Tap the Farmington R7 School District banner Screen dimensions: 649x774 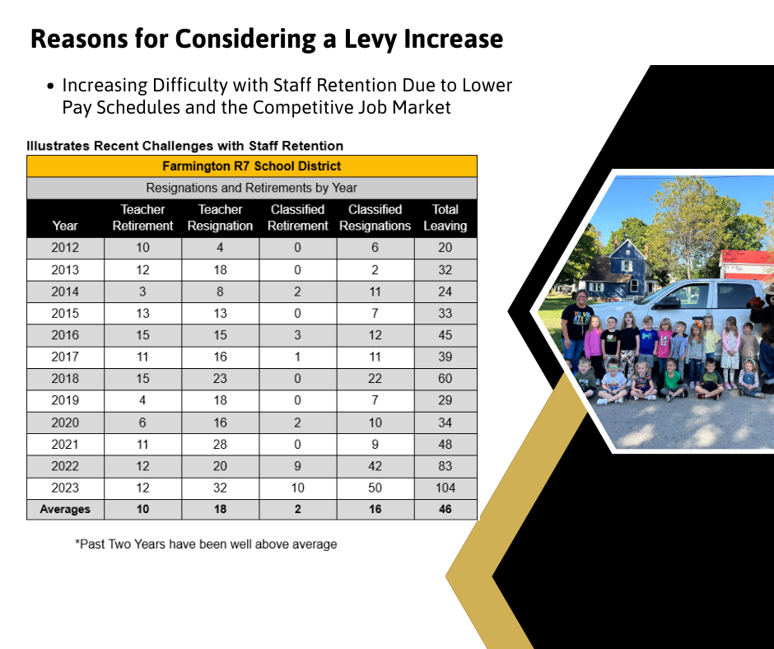click(252, 166)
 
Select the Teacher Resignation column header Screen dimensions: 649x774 click(220, 217)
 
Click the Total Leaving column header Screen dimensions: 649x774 click(445, 217)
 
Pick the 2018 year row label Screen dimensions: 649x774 click(65, 379)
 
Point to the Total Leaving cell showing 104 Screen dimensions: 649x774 click(445, 488)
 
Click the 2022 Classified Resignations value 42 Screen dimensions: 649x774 click(375, 466)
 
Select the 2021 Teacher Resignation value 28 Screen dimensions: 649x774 click(220, 444)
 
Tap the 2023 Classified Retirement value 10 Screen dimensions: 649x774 click(297, 488)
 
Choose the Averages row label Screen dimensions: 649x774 click(65, 509)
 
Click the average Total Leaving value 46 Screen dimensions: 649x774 click(445, 509)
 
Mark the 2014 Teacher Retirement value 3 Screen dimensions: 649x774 click(143, 292)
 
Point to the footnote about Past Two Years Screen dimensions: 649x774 click(206, 544)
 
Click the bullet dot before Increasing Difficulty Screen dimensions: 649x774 click(51, 86)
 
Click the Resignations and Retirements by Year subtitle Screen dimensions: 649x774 click(252, 188)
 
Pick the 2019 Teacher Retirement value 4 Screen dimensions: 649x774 click(143, 400)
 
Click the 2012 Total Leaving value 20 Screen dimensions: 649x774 click(445, 248)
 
